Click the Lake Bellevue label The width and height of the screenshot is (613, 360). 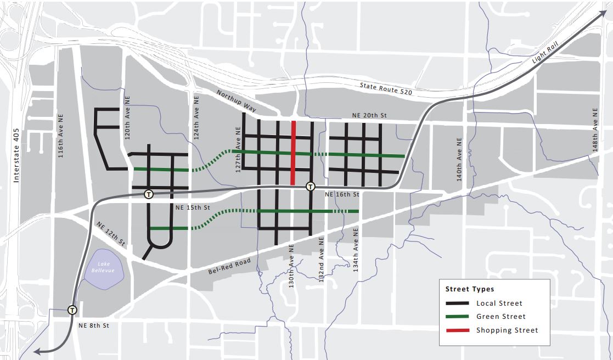[x=105, y=267]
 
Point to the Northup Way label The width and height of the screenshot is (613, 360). [x=236, y=101]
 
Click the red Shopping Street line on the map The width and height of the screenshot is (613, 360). [x=294, y=153]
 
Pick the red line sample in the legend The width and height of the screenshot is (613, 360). [x=457, y=330]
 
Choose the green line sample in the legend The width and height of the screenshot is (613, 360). [x=457, y=317]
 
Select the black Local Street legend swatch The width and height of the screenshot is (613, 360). [x=457, y=303]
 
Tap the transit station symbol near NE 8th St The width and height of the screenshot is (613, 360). [x=72, y=310]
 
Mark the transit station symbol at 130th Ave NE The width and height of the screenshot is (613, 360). [x=311, y=187]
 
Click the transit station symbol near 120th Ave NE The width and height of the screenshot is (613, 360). [x=148, y=194]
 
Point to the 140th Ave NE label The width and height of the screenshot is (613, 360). [x=459, y=160]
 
